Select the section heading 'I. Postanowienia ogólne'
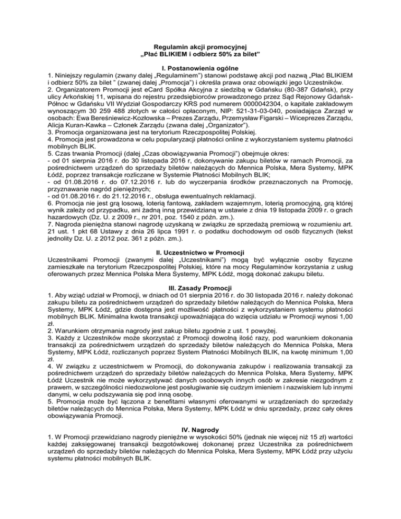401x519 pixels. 200,68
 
